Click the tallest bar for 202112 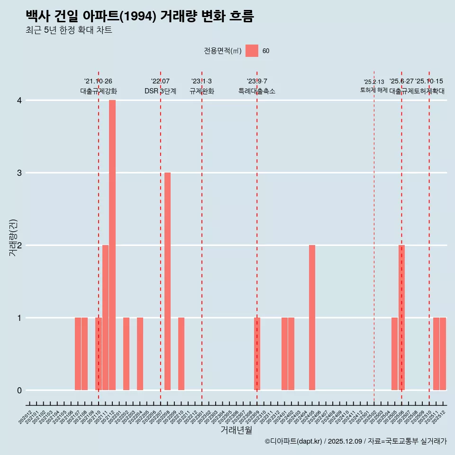(x=112, y=245)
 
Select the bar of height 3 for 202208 (x=167, y=281)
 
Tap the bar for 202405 (x=312, y=318)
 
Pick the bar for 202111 (x=105, y=318)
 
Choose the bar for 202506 (x=401, y=318)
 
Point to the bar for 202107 (x=78, y=354)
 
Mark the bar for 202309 (x=257, y=354)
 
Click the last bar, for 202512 (x=443, y=354)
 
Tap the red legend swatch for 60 (x=252, y=51)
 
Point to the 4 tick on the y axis (x=19, y=100)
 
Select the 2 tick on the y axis (x=19, y=246)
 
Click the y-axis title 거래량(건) (x=13, y=237)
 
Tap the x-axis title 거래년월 (x=236, y=430)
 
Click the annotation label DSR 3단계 (x=160, y=91)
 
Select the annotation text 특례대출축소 (x=257, y=91)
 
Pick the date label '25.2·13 (x=374, y=82)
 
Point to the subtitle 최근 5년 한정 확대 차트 (x=69, y=30)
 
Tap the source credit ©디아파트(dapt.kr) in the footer (x=293, y=441)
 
